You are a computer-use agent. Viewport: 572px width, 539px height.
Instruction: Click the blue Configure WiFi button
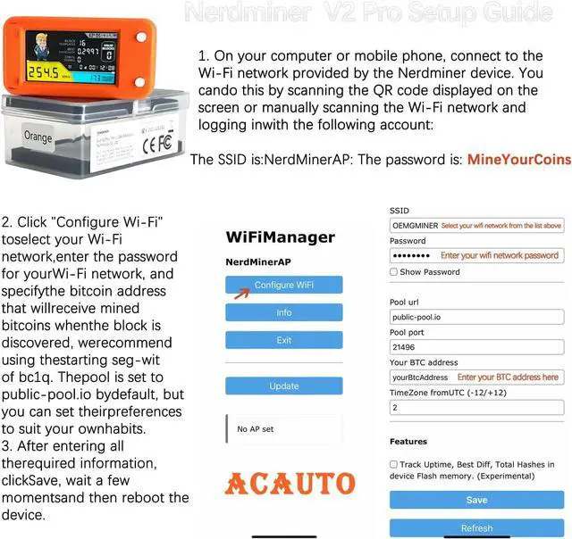tap(283, 285)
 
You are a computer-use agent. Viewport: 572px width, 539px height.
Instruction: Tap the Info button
tap(283, 312)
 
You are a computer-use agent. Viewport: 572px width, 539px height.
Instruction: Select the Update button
tap(283, 386)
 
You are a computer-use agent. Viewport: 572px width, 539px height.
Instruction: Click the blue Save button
tap(476, 500)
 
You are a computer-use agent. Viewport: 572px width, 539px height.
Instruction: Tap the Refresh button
tap(476, 527)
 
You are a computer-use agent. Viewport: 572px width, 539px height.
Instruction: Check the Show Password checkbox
tap(394, 272)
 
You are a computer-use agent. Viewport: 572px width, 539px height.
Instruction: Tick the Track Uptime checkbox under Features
tap(394, 464)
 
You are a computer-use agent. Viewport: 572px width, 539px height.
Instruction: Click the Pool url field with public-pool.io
tap(476, 317)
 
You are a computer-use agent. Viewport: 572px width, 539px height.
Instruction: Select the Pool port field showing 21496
tap(476, 347)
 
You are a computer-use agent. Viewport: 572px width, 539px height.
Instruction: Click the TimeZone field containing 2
tap(476, 407)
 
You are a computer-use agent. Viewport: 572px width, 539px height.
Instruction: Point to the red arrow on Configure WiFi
tap(241, 289)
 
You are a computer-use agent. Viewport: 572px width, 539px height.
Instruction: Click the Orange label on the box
tap(38, 137)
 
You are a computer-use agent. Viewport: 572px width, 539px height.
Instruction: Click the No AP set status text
tap(256, 429)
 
